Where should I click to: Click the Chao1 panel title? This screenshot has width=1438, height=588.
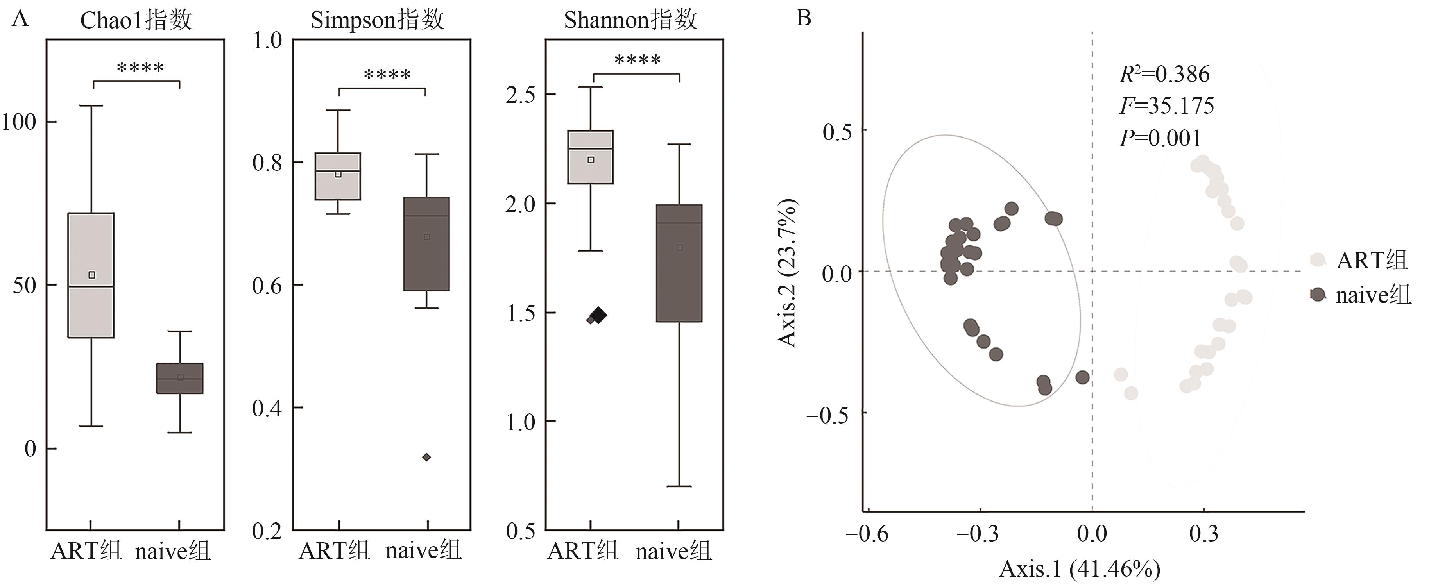[136, 21]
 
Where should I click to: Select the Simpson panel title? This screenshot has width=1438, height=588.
[377, 21]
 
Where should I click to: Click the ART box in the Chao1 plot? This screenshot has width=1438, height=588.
[91, 275]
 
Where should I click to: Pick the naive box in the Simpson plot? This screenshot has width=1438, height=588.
[426, 244]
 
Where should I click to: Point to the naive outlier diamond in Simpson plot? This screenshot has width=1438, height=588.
[426, 457]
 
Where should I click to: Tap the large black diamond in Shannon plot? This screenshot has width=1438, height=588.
[599, 315]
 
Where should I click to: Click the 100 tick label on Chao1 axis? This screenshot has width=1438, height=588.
[19, 122]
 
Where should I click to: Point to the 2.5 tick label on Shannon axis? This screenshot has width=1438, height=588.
[520, 95]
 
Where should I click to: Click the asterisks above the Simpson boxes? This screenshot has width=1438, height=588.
[387, 75]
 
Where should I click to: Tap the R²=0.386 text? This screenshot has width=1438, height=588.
[1164, 74]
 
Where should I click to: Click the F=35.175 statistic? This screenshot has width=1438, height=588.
[1167, 106]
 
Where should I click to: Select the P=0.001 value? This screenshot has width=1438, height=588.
[1160, 138]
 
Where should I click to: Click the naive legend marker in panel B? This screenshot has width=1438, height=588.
[1318, 295]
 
